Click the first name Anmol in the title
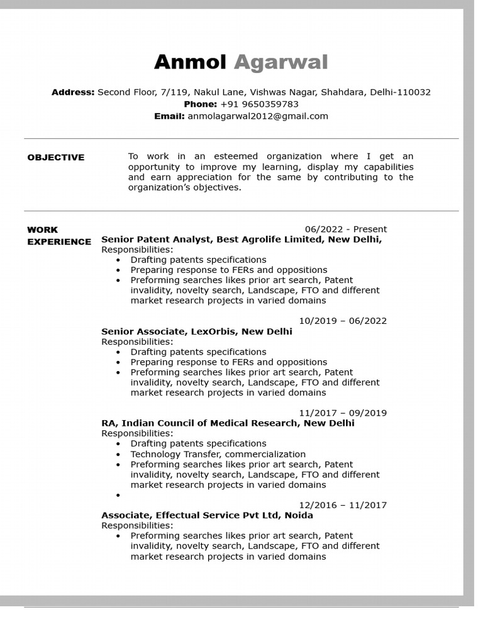pyautogui.click(x=190, y=62)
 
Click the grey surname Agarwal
pyautogui.click(x=280, y=62)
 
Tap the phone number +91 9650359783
pyautogui.click(x=259, y=104)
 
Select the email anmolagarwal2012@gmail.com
pyautogui.click(x=258, y=116)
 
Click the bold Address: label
pyautogui.click(x=73, y=92)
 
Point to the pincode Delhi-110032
pyautogui.click(x=400, y=92)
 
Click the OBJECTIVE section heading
pyautogui.click(x=56, y=157)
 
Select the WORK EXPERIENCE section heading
pyautogui.click(x=58, y=236)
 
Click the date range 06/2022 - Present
pyautogui.click(x=345, y=229)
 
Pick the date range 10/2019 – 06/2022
pyautogui.click(x=343, y=321)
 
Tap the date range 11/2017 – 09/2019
pyautogui.click(x=343, y=413)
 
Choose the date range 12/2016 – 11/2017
pyautogui.click(x=343, y=505)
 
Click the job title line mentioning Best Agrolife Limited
pyautogui.click(x=241, y=240)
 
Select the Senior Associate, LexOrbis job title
pyautogui.click(x=196, y=331)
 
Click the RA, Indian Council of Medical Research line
pyautogui.click(x=228, y=423)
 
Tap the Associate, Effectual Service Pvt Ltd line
pyautogui.click(x=207, y=515)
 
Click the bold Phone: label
pyautogui.click(x=200, y=104)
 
